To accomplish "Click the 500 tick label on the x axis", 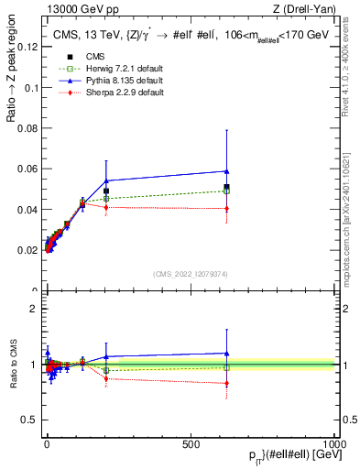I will (191, 442).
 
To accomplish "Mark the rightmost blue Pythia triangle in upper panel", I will (226, 171).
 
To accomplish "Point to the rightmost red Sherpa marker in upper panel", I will (226, 208).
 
